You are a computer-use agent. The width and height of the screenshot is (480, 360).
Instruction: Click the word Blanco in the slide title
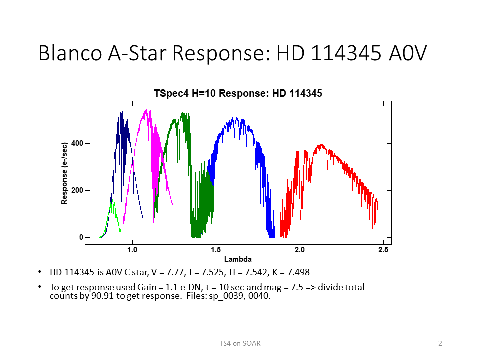click(x=70, y=53)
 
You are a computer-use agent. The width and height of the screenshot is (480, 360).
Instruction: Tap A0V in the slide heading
click(x=408, y=53)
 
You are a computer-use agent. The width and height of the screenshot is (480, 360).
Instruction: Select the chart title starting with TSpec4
click(x=238, y=93)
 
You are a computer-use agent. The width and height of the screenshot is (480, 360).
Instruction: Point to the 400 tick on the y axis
click(x=77, y=143)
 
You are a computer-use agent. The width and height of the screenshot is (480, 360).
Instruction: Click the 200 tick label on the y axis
click(x=77, y=190)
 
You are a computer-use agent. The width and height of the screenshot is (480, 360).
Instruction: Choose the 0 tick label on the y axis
click(x=81, y=237)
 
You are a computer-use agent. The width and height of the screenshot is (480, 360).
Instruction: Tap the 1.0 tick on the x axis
click(x=132, y=250)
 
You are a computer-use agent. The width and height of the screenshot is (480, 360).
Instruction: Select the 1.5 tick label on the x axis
click(x=216, y=250)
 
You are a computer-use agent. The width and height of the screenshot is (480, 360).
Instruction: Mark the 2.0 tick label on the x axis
click(x=300, y=250)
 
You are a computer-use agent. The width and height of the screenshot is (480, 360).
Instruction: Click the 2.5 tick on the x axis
click(x=383, y=250)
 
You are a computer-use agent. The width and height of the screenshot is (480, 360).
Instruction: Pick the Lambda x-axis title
click(x=238, y=259)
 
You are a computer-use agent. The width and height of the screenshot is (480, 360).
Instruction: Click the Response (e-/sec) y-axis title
click(x=64, y=173)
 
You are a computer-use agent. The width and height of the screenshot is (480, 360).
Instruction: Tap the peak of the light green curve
click(x=112, y=199)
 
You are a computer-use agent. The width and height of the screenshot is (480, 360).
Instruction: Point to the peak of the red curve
click(x=321, y=145)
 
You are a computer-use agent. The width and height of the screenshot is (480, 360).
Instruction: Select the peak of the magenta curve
click(x=146, y=110)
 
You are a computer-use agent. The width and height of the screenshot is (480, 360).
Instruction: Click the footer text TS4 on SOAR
click(x=240, y=344)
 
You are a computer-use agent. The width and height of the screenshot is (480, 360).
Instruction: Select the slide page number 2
click(x=440, y=344)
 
